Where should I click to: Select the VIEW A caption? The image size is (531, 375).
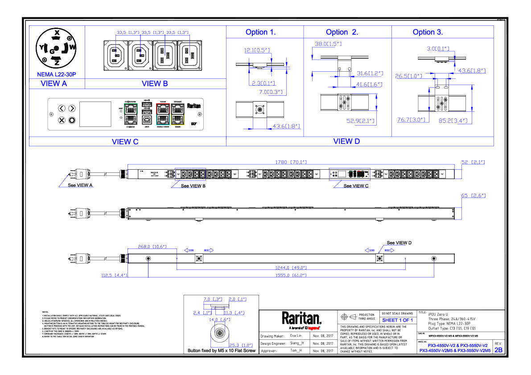coord(54,84)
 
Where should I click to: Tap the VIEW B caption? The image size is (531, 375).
coord(155,84)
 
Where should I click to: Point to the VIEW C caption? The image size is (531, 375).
coord(125,142)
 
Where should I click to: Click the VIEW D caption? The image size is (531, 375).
coord(346,142)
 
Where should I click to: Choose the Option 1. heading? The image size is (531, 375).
coord(261,32)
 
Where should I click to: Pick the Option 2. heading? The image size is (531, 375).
coord(342,32)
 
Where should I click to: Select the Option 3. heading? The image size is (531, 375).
coord(428,32)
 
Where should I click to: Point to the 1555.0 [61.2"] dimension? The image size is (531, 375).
coord(292,276)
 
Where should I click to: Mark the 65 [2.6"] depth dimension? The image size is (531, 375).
coord(473,196)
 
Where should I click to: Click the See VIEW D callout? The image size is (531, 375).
coord(399,243)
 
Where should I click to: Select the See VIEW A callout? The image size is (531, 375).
coord(81,185)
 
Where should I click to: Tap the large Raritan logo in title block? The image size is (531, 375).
coord(301,318)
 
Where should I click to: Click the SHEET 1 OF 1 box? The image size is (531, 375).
coord(398,320)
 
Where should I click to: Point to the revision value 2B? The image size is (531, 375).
coord(498,350)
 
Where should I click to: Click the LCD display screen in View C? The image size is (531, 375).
coord(95,114)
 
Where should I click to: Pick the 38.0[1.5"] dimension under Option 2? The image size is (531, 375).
coord(328,44)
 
